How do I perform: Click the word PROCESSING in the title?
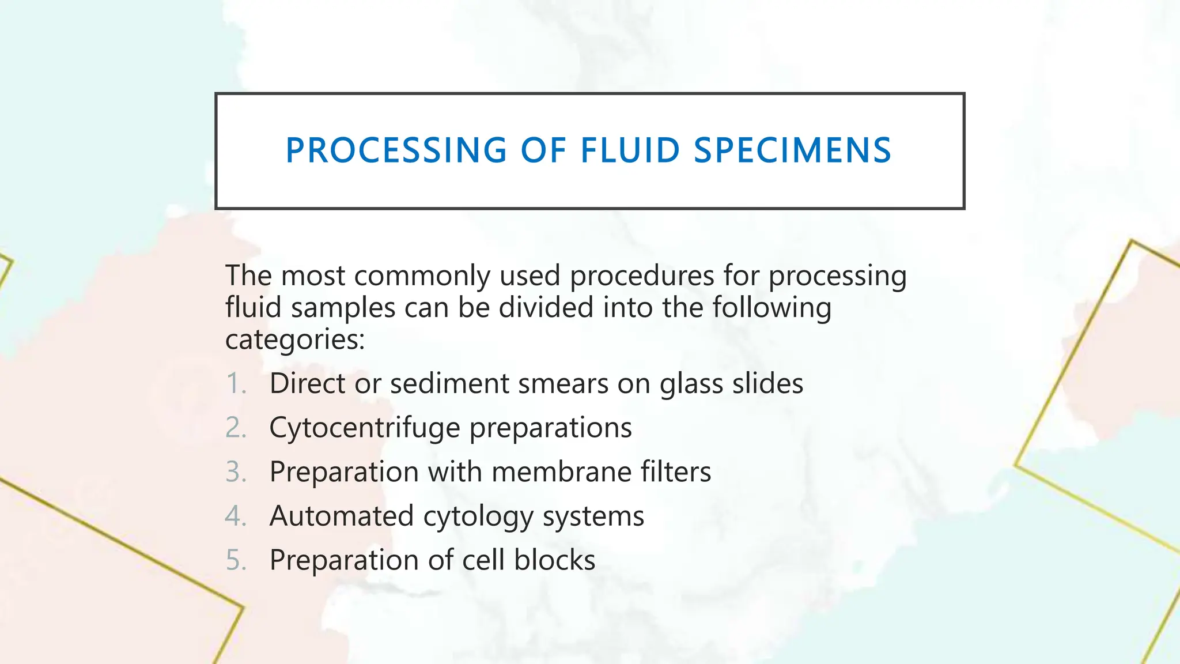396,150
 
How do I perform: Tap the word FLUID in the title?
630,150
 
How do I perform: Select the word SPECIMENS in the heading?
792,150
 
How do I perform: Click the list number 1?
236,384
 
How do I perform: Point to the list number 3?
236,472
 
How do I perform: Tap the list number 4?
236,516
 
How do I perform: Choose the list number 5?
236,560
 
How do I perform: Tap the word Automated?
341,516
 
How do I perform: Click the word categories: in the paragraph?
295,340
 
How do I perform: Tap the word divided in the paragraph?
546,307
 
